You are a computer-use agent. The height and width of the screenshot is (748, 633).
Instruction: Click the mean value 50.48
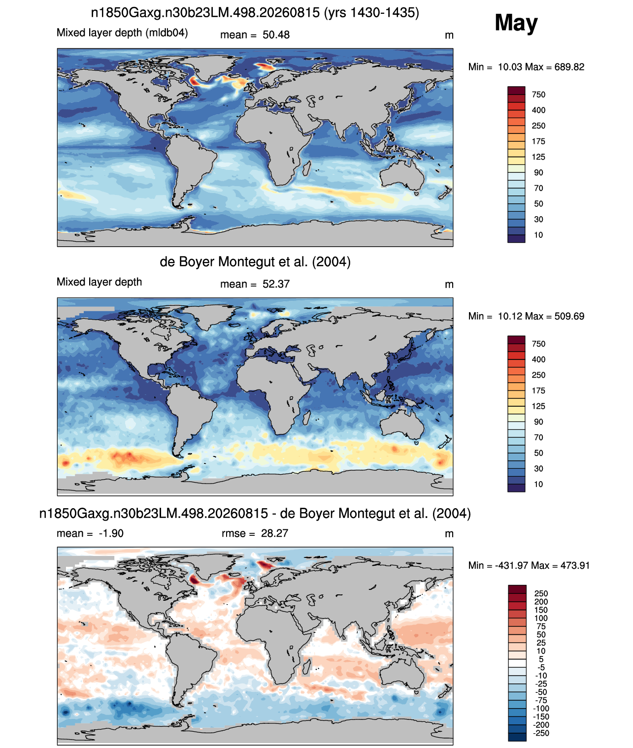276,35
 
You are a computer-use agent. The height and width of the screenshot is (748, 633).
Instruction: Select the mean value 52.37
276,285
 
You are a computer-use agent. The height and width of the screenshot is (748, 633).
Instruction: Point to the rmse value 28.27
275,533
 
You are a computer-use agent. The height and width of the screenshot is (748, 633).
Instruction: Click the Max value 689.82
569,67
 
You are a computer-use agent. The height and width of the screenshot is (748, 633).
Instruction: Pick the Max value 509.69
569,316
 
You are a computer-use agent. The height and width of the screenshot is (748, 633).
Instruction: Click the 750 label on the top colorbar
538,95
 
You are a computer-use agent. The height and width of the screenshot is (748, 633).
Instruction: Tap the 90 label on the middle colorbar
538,422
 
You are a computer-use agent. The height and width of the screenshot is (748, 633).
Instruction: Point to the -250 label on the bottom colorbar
541,734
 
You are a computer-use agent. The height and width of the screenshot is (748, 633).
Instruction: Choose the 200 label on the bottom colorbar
541,602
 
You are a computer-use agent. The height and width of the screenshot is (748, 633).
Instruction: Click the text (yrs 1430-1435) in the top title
372,13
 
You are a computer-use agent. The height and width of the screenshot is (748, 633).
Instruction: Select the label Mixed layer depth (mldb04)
122,33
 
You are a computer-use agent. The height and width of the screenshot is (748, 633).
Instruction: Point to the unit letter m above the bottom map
449,534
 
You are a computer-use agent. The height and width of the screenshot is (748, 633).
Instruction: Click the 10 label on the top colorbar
538,235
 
